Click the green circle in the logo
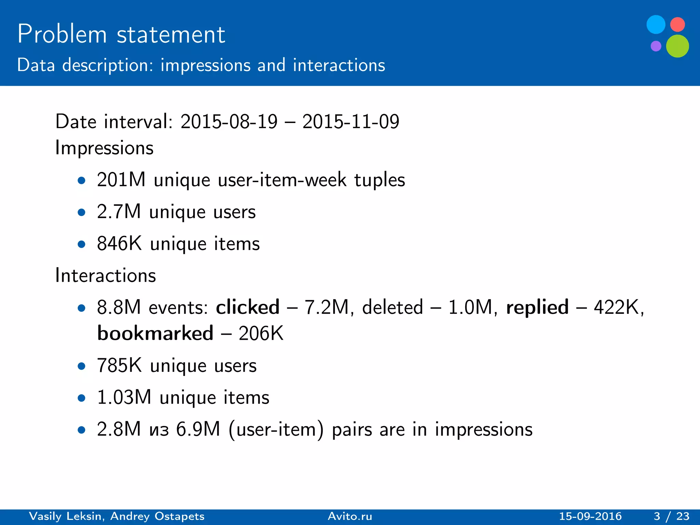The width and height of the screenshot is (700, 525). pyautogui.click(x=677, y=46)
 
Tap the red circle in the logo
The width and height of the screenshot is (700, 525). pyautogui.click(x=677, y=25)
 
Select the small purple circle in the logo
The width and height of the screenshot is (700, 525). pyautogui.click(x=656, y=46)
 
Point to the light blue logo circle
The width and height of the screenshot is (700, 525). pyautogui.click(x=656, y=25)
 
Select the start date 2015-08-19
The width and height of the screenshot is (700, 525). pyautogui.click(x=229, y=122)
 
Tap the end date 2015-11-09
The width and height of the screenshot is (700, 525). pyautogui.click(x=351, y=122)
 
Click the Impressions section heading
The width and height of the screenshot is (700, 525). pyautogui.click(x=104, y=148)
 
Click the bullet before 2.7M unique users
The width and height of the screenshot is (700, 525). pyautogui.click(x=81, y=213)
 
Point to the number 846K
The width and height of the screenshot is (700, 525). pyautogui.click(x=119, y=244)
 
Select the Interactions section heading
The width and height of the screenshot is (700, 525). pyautogui.click(x=105, y=275)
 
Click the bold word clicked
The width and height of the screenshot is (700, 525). pyautogui.click(x=247, y=307)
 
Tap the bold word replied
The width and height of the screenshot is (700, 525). pyautogui.click(x=537, y=307)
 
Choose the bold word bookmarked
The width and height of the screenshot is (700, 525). pyautogui.click(x=155, y=333)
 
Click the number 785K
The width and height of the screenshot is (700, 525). pyautogui.click(x=119, y=365)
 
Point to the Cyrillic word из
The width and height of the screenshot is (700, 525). pyautogui.click(x=159, y=430)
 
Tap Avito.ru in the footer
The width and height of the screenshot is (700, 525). pyautogui.click(x=350, y=516)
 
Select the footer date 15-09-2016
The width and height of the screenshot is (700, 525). pyautogui.click(x=590, y=516)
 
